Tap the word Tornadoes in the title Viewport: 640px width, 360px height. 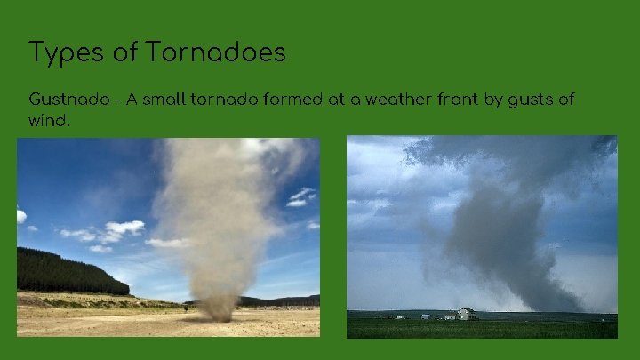217,52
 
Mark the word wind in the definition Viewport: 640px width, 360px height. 48,120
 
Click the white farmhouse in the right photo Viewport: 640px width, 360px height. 465,314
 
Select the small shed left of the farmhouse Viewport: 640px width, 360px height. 426,316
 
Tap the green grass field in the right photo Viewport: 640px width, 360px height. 480,328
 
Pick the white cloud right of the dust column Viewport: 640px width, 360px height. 300,196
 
